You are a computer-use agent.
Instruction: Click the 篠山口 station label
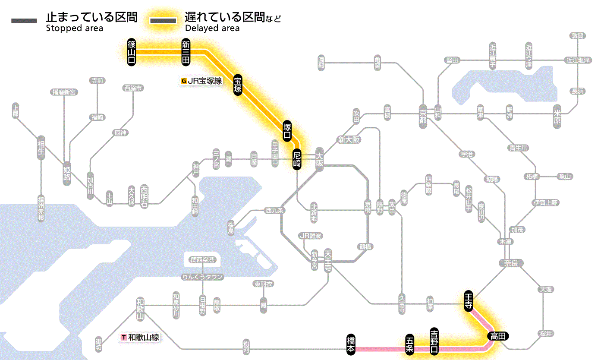pyautogui.click(x=132, y=52)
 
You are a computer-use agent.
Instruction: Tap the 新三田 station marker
pyautogui.click(x=186, y=52)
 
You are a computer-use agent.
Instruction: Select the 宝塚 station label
pyautogui.click(x=238, y=84)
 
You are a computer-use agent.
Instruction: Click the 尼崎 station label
pyautogui.click(x=296, y=159)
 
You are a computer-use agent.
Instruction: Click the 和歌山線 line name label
pyautogui.click(x=141, y=337)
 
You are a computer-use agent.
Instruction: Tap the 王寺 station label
pyautogui.click(x=468, y=300)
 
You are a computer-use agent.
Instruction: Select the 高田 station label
pyautogui.click(x=498, y=336)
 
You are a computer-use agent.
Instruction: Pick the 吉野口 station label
pyautogui.click(x=434, y=341)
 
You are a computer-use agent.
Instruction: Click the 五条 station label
pyautogui.click(x=409, y=344)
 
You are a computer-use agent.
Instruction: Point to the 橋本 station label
pyautogui.click(x=351, y=344)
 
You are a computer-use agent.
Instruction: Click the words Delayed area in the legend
pyautogui.click(x=212, y=28)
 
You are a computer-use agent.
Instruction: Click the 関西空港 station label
pyautogui.click(x=202, y=260)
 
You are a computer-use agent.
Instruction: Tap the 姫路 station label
pyautogui.click(x=67, y=173)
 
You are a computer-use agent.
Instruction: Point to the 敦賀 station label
pyautogui.click(x=578, y=36)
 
